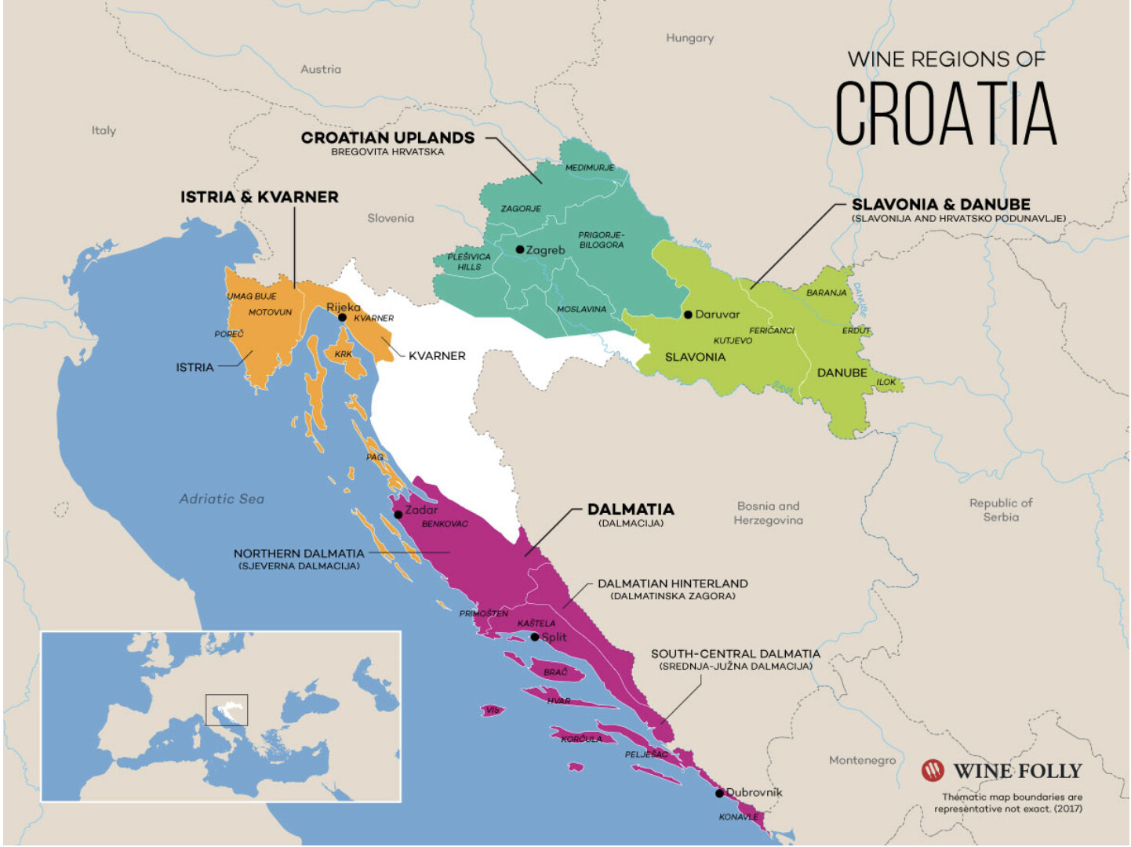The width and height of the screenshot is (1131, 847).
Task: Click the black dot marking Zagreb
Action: (x=520, y=249)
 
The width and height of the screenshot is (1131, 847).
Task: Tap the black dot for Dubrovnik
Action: (x=719, y=793)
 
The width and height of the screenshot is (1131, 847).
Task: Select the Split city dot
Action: (x=535, y=637)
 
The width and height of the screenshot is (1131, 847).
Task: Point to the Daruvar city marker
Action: (x=688, y=314)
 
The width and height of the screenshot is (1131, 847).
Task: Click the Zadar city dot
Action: (x=398, y=514)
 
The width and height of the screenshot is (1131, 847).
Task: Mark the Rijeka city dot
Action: (x=342, y=318)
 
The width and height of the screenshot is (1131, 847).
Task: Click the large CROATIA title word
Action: (x=945, y=114)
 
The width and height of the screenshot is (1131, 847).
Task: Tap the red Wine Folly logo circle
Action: (x=933, y=771)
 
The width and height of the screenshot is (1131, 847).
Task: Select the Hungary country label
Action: (x=689, y=38)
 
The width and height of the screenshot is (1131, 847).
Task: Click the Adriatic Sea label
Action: (x=221, y=499)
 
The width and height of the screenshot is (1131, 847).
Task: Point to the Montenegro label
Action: (x=862, y=760)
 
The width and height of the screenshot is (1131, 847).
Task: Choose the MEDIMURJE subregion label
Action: (x=590, y=168)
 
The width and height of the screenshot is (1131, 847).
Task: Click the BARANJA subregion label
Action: (x=827, y=293)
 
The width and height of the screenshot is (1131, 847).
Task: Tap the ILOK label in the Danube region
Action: (x=886, y=382)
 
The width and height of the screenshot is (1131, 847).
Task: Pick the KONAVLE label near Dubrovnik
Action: (x=738, y=816)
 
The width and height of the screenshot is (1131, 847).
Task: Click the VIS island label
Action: (x=492, y=710)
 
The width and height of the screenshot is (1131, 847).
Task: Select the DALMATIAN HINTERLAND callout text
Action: (x=672, y=583)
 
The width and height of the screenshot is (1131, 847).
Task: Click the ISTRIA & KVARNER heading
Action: (x=260, y=197)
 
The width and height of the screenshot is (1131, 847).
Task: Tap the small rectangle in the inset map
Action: (x=227, y=710)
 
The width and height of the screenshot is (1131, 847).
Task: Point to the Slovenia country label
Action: (x=391, y=218)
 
